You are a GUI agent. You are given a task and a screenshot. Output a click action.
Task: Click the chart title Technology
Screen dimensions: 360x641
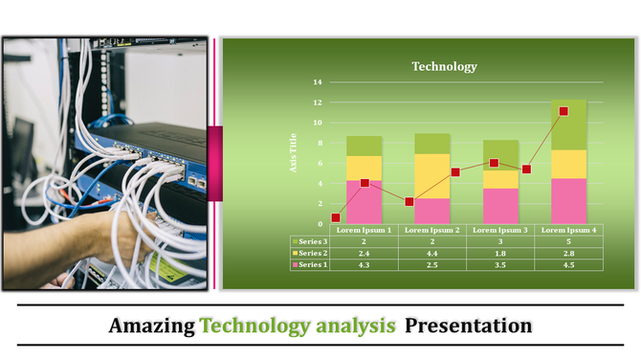pyautogui.click(x=444, y=66)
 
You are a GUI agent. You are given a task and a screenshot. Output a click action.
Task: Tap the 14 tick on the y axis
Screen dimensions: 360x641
pyautogui.click(x=319, y=81)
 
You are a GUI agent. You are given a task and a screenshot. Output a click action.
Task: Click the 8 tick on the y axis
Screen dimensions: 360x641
pyautogui.click(x=319, y=143)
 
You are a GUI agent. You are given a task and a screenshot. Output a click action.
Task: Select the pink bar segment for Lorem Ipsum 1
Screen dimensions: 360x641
pyautogui.click(x=364, y=202)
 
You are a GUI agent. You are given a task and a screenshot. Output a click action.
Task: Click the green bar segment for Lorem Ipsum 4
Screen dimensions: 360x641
pyautogui.click(x=568, y=124)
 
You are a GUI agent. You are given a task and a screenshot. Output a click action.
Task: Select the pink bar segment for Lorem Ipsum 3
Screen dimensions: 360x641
pyautogui.click(x=500, y=206)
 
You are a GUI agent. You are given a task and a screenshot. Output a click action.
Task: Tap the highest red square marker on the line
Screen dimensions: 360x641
pyautogui.click(x=564, y=111)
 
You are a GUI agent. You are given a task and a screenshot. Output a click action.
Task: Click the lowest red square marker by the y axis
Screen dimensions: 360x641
pyautogui.click(x=335, y=218)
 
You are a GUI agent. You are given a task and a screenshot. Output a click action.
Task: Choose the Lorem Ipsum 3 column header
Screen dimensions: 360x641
pyautogui.click(x=500, y=231)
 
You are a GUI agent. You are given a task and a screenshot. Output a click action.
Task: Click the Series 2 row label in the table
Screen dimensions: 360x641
pyautogui.click(x=312, y=253)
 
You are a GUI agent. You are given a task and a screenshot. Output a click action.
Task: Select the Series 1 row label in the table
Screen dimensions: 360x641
pyautogui.click(x=312, y=264)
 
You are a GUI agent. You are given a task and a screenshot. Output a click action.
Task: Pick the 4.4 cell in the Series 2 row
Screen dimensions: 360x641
pyautogui.click(x=431, y=253)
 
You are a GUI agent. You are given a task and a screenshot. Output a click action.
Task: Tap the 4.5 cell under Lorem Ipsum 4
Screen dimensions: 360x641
pyautogui.click(x=568, y=264)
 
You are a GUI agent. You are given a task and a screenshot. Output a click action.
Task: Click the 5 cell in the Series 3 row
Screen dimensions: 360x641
pyautogui.click(x=568, y=241)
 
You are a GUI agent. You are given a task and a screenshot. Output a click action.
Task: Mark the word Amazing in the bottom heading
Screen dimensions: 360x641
pyautogui.click(x=151, y=326)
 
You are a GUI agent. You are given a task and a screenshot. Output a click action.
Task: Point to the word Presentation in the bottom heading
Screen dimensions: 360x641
pyautogui.click(x=468, y=326)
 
